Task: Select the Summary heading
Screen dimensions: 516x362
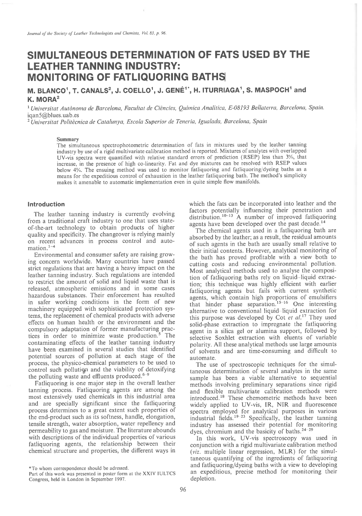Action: pyautogui.click(x=68, y=139)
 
